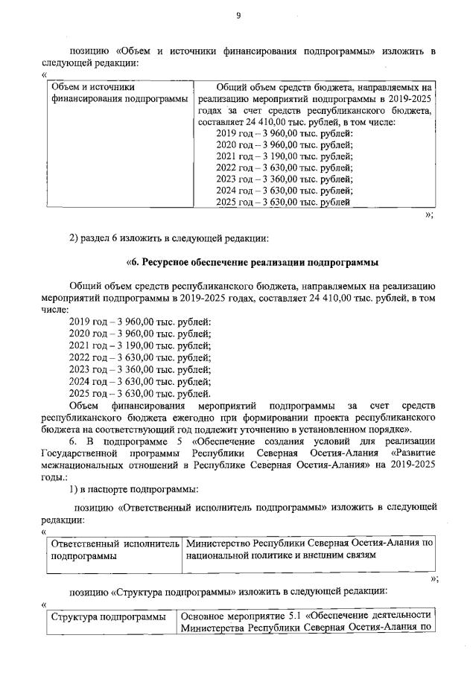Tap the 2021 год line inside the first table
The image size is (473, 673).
tap(284, 156)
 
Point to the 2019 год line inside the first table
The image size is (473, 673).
tap(284, 133)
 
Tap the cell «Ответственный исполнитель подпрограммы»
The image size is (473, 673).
tap(115, 549)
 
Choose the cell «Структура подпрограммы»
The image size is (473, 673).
tap(107, 617)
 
